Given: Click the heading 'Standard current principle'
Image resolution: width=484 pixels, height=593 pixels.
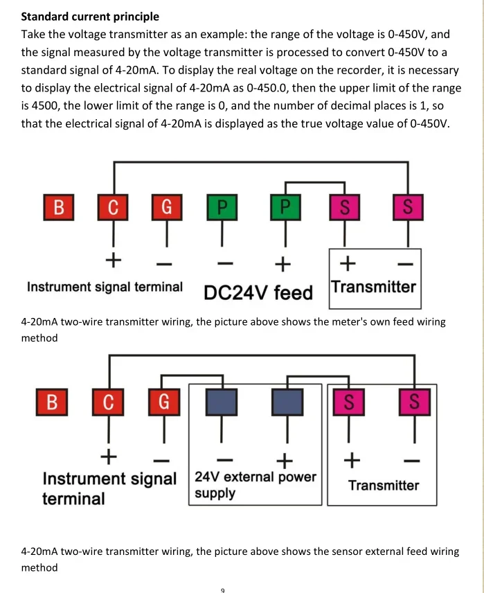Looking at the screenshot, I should (x=90, y=16).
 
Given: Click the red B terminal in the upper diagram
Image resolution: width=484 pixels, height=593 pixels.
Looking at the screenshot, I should (x=59, y=206).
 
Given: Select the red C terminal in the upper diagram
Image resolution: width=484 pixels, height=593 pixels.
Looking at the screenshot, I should (x=113, y=206).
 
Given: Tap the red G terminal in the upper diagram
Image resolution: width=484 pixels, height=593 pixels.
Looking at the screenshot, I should (x=166, y=206).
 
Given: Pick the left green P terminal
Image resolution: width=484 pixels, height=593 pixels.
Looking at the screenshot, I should (x=222, y=206).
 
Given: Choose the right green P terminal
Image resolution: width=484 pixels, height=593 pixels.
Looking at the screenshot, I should (x=283, y=206).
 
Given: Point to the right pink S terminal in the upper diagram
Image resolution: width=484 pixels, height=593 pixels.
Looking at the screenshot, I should (x=407, y=206).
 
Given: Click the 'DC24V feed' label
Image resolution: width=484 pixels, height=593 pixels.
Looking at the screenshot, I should (x=258, y=292).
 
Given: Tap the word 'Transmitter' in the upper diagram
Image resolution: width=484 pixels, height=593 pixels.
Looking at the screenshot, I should (x=373, y=287).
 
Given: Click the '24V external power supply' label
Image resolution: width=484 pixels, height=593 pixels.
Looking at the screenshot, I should (x=255, y=485).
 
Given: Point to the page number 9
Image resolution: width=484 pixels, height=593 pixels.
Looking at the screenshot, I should (x=222, y=590).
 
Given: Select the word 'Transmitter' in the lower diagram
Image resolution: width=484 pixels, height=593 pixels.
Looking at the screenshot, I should (x=384, y=486).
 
